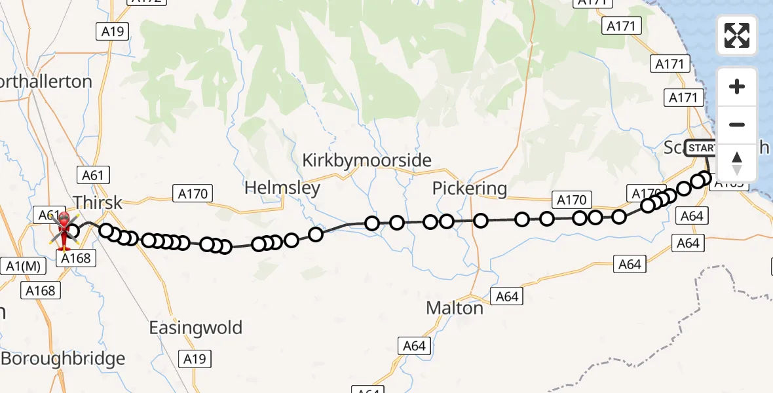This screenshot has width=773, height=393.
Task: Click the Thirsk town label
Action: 98,202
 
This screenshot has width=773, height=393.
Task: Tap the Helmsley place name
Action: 282,188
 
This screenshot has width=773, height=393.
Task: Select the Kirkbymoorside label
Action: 367,160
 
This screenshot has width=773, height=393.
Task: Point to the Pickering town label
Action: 470,189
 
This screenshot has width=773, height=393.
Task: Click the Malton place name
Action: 455,307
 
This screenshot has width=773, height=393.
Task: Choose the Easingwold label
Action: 196,327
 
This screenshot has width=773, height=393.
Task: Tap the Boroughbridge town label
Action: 63,359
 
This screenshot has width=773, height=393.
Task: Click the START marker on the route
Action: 701,148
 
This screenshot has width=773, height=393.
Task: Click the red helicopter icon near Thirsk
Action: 64,231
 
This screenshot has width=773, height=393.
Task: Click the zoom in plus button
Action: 737,86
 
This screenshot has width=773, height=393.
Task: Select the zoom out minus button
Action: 737,124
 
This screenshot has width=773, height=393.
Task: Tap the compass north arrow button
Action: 737,162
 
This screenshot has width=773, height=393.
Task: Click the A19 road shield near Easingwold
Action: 195,358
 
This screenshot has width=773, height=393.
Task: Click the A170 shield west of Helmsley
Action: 192,194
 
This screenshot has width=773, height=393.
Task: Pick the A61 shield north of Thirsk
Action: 92,175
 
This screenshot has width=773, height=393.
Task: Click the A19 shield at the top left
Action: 113,31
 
